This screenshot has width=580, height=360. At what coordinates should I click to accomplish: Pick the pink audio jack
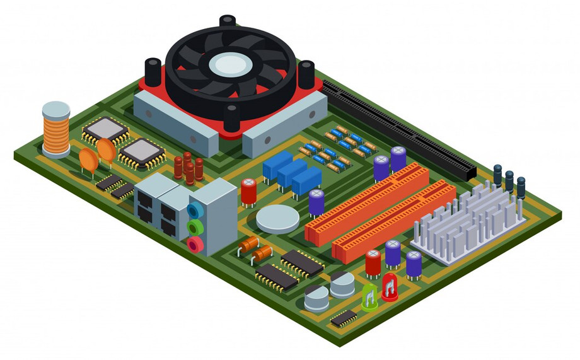coord(196,244)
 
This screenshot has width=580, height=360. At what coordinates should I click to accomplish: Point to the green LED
coord(369,297)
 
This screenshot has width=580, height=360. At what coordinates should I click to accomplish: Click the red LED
coord(390,287)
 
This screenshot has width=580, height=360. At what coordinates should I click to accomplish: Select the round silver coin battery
coord(277,219)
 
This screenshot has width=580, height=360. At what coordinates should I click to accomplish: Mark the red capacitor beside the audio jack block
coord(248,191)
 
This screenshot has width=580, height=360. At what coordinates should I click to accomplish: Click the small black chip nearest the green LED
coord(344,318)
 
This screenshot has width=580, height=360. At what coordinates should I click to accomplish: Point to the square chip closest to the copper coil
coord(105,129)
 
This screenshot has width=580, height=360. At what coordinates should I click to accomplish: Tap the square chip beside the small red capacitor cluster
coord(142,151)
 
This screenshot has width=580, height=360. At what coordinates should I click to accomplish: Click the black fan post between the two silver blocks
coord(232,118)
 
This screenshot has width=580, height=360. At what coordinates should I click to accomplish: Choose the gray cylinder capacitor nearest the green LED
coord(342,285)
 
